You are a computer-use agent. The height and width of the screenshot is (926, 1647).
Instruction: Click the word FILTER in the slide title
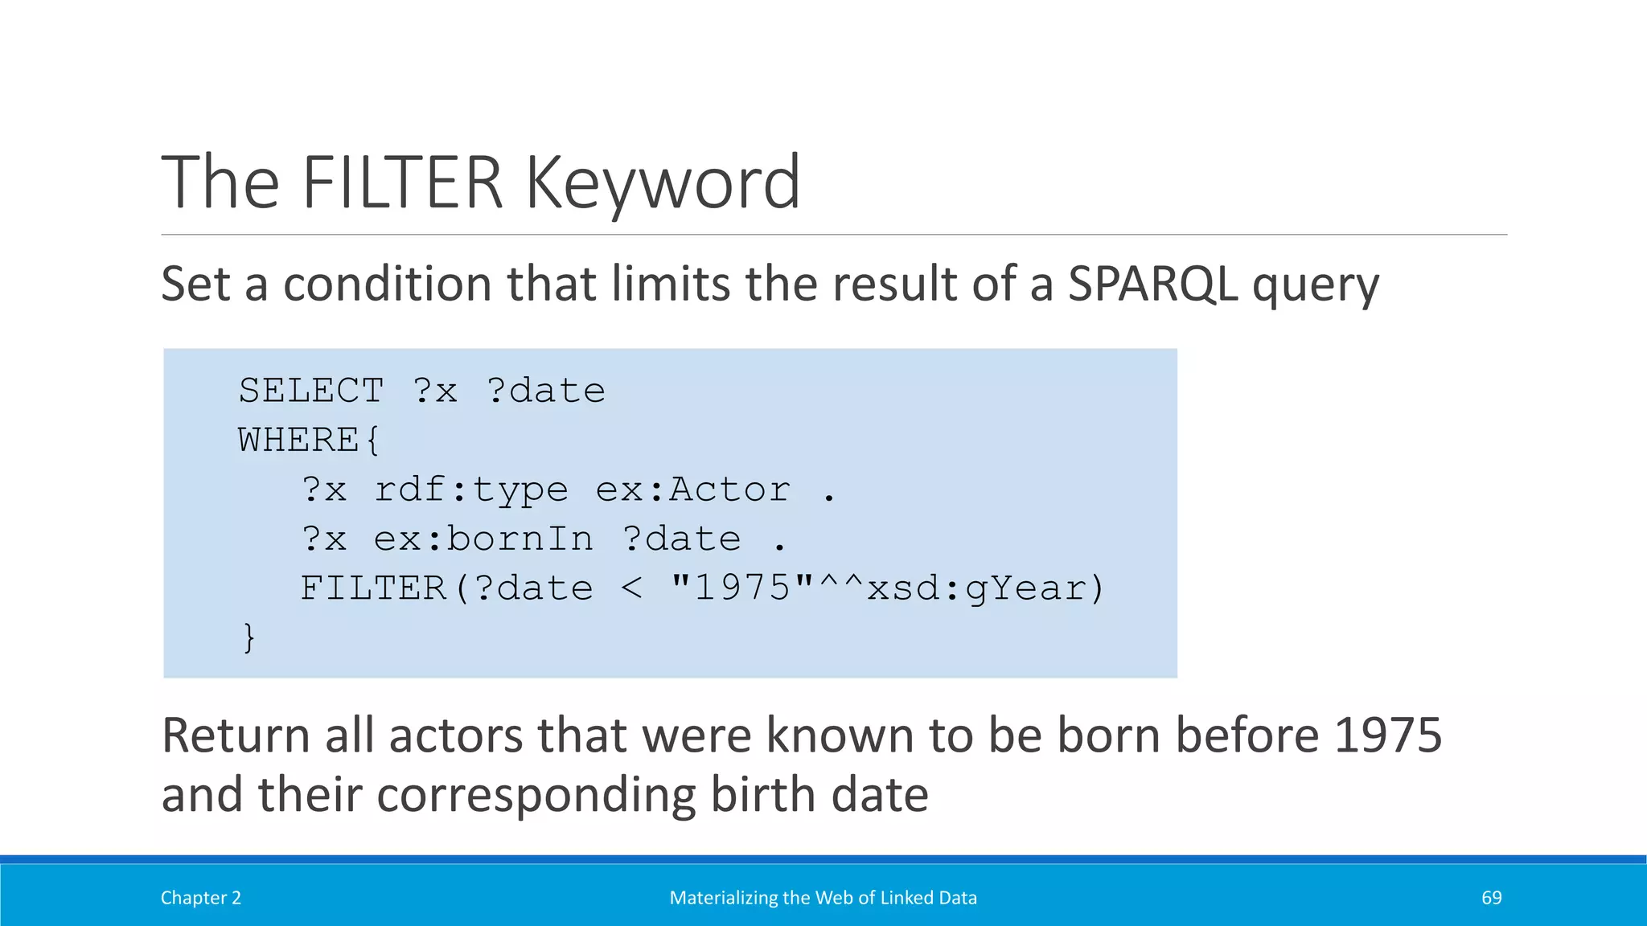pyautogui.click(x=402, y=183)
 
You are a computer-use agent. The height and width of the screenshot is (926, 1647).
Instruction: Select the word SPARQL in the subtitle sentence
pyautogui.click(x=1152, y=285)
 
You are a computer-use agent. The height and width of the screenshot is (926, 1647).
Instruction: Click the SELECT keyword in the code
pyautogui.click(x=311, y=391)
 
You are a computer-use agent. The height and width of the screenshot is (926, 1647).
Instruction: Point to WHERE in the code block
pyautogui.click(x=298, y=440)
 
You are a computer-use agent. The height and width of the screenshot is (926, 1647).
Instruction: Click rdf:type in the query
pyautogui.click(x=471, y=490)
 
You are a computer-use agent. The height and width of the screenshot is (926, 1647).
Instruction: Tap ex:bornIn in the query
pyautogui.click(x=483, y=539)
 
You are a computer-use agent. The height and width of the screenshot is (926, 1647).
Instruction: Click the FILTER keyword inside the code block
pyautogui.click(x=373, y=588)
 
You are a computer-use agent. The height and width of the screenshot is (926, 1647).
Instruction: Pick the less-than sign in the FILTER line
pyautogui.click(x=631, y=588)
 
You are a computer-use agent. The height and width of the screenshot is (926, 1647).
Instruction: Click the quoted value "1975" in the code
pyautogui.click(x=742, y=588)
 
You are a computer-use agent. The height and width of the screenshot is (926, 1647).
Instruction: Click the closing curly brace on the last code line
pyautogui.click(x=249, y=637)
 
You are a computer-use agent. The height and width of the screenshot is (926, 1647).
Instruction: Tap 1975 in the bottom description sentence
pyautogui.click(x=1387, y=735)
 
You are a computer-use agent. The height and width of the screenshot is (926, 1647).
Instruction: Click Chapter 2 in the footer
pyautogui.click(x=201, y=898)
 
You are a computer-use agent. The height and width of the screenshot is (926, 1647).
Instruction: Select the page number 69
pyautogui.click(x=1491, y=898)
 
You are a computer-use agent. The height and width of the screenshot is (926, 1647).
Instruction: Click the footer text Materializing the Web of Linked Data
pyautogui.click(x=823, y=898)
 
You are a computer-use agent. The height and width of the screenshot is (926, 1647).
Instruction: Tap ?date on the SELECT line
pyautogui.click(x=545, y=391)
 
